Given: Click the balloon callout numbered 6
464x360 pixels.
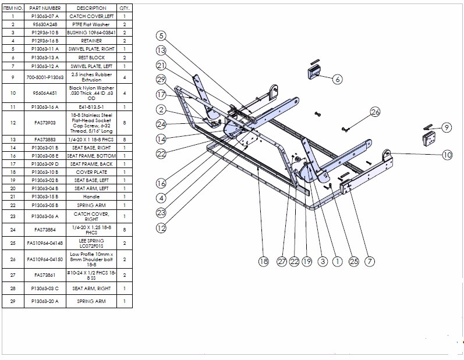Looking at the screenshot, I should tap(337, 79).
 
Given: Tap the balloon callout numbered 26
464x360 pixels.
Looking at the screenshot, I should tap(375, 111).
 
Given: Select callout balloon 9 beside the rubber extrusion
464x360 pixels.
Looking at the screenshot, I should tap(447, 127).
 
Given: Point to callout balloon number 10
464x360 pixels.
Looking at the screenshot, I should tap(447, 155).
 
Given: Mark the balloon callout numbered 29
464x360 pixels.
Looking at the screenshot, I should tap(161, 79).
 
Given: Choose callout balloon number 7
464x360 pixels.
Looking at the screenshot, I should tap(369, 262).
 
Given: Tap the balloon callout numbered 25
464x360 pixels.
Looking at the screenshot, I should tap(353, 262).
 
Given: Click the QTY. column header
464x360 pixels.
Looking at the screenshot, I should tap(125, 8).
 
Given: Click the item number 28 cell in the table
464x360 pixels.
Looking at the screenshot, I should tap(12, 288).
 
